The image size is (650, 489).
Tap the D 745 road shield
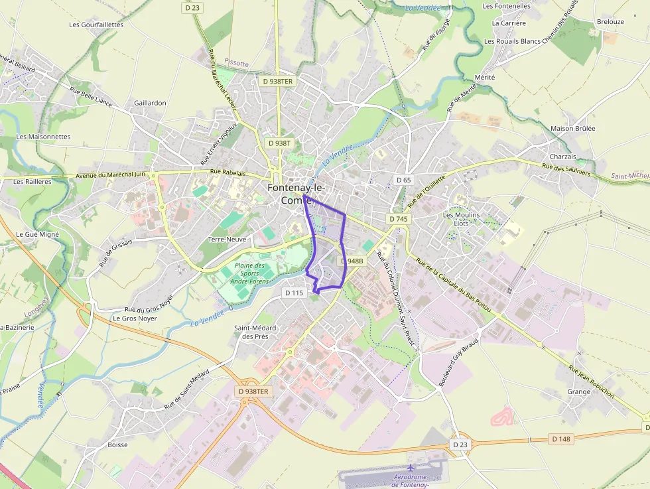tap(399, 218)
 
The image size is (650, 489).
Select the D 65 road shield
tap(403, 180)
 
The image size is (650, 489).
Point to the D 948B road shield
tap(352, 261)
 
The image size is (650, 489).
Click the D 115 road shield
tap(294, 293)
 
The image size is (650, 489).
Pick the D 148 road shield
tap(560, 439)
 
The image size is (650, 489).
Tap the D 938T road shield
tap(279, 143)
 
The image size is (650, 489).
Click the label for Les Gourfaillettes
tap(96, 25)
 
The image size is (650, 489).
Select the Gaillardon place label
tap(150, 103)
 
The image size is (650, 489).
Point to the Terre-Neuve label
tap(227, 239)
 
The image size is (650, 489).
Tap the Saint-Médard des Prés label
tap(251, 332)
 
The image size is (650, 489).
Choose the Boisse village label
tap(117, 445)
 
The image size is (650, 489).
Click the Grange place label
tap(578, 391)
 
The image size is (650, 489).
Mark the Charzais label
tap(563, 157)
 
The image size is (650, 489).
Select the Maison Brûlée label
tap(573, 128)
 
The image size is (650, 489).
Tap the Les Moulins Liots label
tap(461, 219)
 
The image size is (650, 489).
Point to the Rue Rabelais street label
tap(227, 173)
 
